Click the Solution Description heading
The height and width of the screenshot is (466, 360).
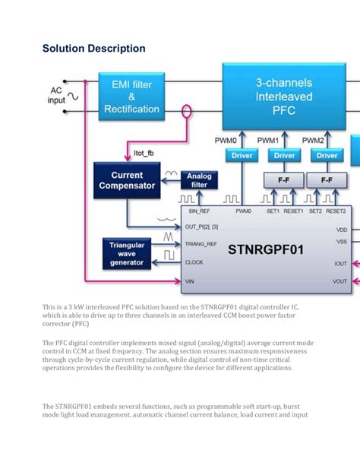click(x=94, y=49)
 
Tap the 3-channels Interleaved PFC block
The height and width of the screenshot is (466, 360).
click(x=283, y=97)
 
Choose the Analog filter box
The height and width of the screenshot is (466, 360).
click(x=200, y=181)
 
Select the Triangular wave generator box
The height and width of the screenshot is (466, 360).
click(x=126, y=252)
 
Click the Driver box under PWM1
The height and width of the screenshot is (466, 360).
click(x=284, y=156)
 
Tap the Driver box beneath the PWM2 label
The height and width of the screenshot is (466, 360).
click(x=327, y=156)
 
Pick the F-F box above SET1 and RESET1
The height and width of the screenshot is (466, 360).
click(x=284, y=181)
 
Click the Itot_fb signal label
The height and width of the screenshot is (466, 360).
click(x=144, y=152)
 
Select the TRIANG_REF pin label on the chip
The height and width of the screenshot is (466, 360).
click(x=201, y=244)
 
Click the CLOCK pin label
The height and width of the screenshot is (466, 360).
click(x=194, y=262)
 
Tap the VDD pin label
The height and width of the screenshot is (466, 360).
click(x=341, y=229)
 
